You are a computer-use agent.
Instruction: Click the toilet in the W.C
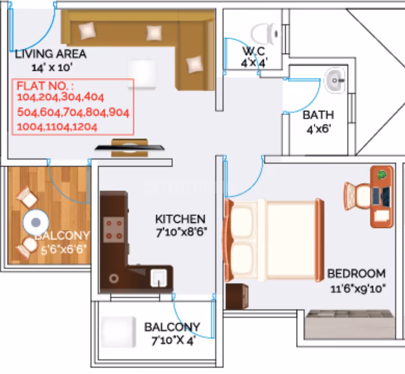[265, 34]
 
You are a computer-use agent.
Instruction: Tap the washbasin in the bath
[335, 80]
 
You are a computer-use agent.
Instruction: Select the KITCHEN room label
[180, 219]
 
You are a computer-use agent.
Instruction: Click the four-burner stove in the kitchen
[114, 229]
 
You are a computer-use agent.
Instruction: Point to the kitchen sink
[159, 278]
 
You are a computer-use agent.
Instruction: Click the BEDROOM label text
[357, 274]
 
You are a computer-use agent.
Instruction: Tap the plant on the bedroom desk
[382, 175]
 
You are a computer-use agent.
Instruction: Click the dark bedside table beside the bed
[237, 296]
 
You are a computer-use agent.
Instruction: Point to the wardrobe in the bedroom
[350, 324]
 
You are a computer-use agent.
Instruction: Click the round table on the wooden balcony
[36, 222]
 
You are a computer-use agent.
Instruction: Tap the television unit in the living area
[129, 148]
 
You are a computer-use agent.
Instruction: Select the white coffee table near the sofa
[142, 74]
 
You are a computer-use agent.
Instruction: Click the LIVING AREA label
[50, 54]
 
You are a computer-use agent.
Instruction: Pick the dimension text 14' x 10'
[52, 68]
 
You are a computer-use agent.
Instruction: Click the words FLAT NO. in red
[45, 86]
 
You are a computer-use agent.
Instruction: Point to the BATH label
[318, 115]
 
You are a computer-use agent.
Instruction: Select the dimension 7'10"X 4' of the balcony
[174, 341]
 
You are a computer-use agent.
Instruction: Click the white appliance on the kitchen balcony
[118, 332]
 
